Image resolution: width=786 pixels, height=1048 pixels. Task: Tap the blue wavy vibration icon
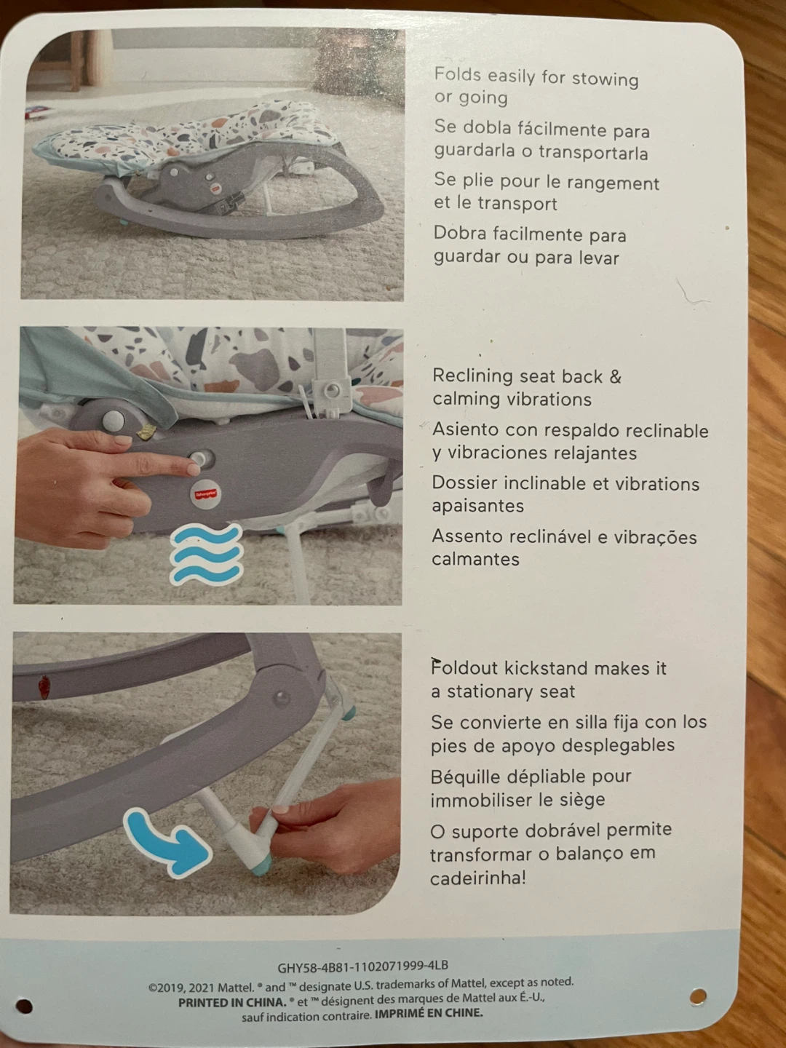coord(206,555)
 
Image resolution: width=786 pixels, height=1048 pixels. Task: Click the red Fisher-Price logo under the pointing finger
coord(206,493)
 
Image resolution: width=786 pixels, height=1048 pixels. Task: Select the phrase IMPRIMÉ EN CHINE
coord(429,1012)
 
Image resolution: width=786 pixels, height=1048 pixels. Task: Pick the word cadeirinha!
coord(477,878)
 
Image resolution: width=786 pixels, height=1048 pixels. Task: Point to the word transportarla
coord(594,154)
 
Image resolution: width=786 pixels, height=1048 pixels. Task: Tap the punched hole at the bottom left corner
coord(24,1007)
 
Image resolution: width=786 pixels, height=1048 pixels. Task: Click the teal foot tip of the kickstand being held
coord(261,864)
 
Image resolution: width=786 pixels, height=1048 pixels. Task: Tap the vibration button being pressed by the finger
coord(198,458)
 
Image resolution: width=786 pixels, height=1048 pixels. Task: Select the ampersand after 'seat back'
coord(616,377)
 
